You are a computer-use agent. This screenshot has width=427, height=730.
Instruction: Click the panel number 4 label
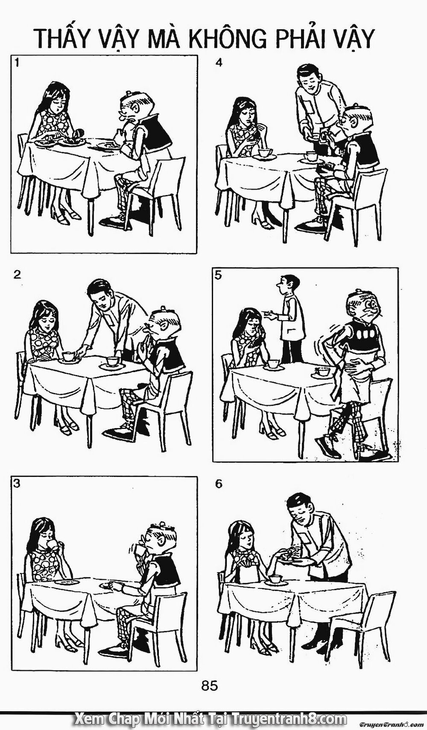coord(218,63)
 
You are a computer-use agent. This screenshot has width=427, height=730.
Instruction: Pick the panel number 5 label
coord(218,275)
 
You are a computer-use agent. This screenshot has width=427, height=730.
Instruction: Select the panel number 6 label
coord(218,484)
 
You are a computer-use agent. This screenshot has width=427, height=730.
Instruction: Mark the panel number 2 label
coord(17,275)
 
